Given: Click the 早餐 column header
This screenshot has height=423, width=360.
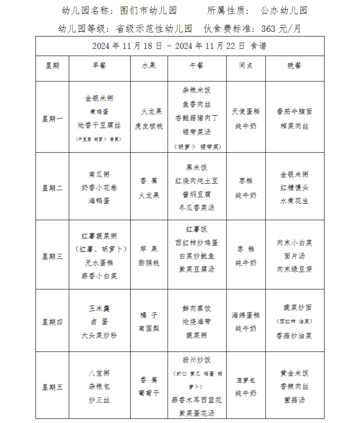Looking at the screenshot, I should pyautogui.click(x=99, y=65).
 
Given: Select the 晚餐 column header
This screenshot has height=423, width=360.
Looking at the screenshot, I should pyautogui.click(x=295, y=65).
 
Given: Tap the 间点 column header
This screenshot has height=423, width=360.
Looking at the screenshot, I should pyautogui.click(x=246, y=65).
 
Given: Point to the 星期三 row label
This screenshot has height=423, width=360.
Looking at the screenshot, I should pyautogui.click(x=52, y=256).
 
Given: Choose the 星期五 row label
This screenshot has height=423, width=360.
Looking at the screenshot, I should pyautogui.click(x=52, y=386).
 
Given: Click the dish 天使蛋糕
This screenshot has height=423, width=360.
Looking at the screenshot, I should pyautogui.click(x=246, y=111).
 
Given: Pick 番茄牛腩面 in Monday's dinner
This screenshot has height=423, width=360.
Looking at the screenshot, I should pyautogui.click(x=295, y=111).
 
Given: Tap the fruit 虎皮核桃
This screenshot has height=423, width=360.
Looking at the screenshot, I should pyautogui.click(x=149, y=125).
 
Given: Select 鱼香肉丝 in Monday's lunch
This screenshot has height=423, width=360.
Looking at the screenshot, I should pyautogui.click(x=196, y=104).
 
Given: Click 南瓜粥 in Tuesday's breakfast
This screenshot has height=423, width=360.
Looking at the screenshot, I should pyautogui.click(x=99, y=174).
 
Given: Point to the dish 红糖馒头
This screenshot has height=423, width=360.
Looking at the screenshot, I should pyautogui.click(x=295, y=188).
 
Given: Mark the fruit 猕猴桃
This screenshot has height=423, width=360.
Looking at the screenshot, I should pyautogui.click(x=149, y=262).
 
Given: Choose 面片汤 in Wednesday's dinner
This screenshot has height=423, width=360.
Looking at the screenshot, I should pyautogui.click(x=295, y=256).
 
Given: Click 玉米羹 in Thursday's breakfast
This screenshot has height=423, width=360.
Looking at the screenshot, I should pyautogui.click(x=99, y=308).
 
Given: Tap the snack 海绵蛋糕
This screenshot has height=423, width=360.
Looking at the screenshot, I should pyautogui.click(x=246, y=315).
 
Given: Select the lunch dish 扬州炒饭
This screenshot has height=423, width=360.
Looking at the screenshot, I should pyautogui.click(x=196, y=360).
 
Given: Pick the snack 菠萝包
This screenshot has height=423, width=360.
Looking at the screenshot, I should pyautogui.click(x=246, y=380).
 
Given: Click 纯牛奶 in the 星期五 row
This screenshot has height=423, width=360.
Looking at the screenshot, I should pyautogui.click(x=246, y=393).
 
